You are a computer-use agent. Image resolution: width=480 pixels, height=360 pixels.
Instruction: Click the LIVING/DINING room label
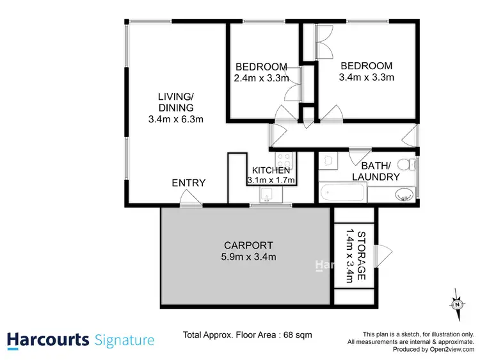point(175,102)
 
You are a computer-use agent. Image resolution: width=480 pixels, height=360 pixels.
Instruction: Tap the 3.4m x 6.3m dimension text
point(175,119)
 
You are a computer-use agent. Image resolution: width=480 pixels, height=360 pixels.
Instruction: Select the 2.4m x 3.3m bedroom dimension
point(262,78)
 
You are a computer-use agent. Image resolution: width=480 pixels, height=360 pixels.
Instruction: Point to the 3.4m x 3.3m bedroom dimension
point(366,77)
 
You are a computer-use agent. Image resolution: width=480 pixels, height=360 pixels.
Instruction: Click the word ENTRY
point(189,183)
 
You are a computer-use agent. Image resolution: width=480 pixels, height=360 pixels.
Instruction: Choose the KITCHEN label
point(271,170)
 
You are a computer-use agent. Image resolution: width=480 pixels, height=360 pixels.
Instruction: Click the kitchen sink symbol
point(269,194)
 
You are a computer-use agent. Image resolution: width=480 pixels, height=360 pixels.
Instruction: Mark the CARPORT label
point(248,245)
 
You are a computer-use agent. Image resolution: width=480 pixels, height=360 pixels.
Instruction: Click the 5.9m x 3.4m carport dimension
point(248,258)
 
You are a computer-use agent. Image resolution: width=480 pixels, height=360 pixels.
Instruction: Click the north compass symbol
point(457,304)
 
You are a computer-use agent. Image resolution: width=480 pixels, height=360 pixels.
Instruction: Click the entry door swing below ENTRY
point(189,202)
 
